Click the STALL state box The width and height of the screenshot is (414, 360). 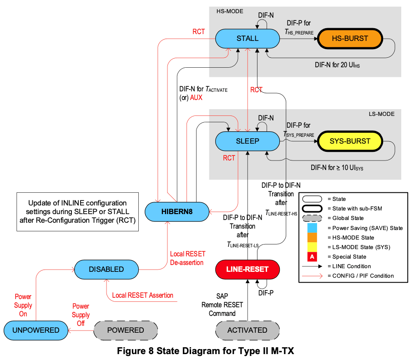(247, 39)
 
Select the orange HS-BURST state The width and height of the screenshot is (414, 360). (350, 39)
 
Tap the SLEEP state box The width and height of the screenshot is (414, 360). (247, 141)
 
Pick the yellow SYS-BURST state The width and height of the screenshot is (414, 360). (350, 141)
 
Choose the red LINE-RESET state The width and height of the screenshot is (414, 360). (247, 269)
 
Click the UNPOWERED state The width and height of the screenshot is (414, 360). (35, 330)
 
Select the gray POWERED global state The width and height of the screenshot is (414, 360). (126, 330)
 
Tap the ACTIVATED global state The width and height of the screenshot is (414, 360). (247, 330)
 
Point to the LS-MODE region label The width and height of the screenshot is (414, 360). (381, 114)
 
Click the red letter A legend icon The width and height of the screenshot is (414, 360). (312, 257)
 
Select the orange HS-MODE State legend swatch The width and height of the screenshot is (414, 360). (312, 237)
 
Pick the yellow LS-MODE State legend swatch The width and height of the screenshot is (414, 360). (312, 247)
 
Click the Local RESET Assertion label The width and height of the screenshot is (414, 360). (142, 295)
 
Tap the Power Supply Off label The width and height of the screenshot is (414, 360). (81, 315)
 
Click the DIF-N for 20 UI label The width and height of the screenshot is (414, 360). (337, 65)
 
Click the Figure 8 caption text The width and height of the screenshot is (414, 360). (207, 351)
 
